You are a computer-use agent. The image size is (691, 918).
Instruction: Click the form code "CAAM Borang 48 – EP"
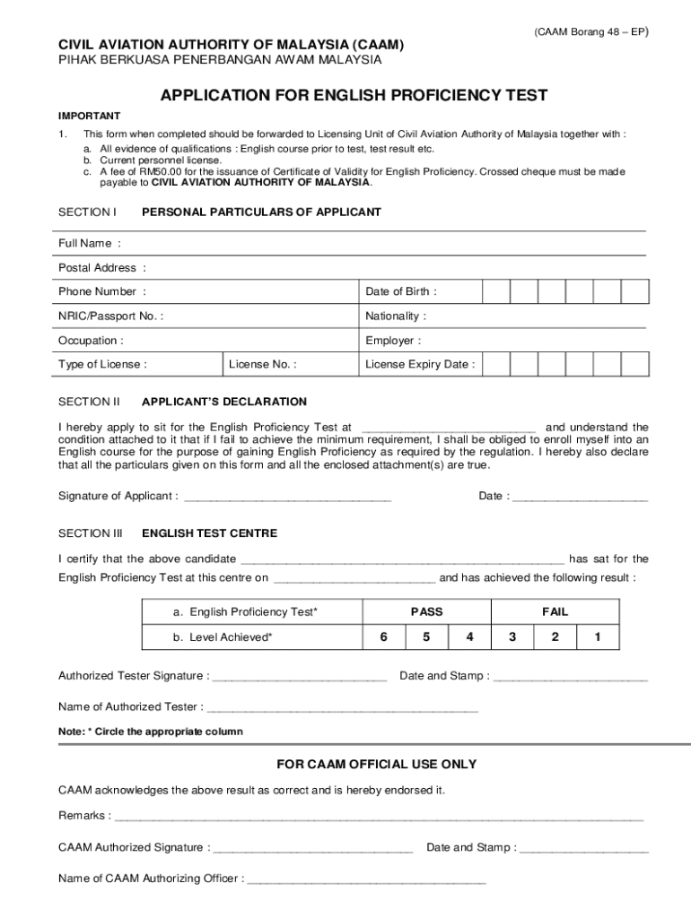tap(590, 31)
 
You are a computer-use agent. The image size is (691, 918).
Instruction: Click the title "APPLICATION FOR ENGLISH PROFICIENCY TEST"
tap(354, 95)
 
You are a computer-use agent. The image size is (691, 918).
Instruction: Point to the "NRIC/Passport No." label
tap(110, 316)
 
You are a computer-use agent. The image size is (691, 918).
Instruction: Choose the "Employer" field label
tap(392, 341)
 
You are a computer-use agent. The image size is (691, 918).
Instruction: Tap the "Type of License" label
tap(102, 364)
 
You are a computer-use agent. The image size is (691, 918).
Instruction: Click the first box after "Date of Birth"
tap(496, 291)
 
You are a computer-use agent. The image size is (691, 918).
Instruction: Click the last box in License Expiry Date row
tap(635, 364)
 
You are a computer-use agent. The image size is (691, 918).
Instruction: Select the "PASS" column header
tap(426, 611)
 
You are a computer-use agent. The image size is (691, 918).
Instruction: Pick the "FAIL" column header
tap(555, 611)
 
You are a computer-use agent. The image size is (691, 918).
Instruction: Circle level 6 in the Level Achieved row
tap(383, 637)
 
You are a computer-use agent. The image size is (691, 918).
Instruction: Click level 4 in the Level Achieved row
tap(469, 637)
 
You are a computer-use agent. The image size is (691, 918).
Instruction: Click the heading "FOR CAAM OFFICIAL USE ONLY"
tap(376, 764)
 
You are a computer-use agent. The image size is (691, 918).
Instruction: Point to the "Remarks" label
tap(84, 815)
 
